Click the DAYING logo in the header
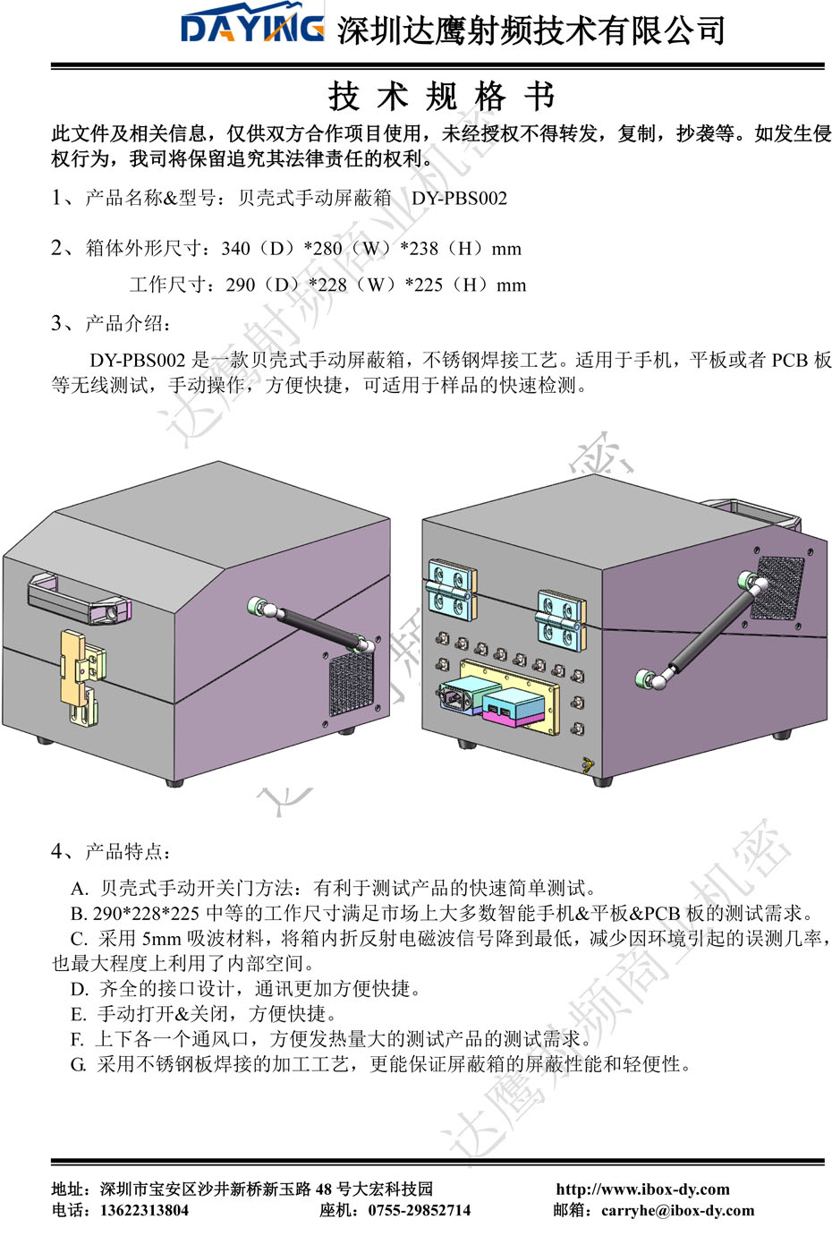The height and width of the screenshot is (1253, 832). coord(252,28)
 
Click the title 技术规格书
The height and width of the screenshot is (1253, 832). coord(441,96)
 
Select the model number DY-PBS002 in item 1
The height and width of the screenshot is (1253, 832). coord(459,199)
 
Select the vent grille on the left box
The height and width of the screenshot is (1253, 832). coord(351,684)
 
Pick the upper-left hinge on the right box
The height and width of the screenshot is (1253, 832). coord(450,588)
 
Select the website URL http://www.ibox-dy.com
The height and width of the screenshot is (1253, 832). coord(642,1189)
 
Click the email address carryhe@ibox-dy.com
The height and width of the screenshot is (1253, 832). coord(677,1211)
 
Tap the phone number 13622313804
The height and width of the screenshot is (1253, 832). coord(144,1211)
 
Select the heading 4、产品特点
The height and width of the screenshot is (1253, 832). coord(112,851)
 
